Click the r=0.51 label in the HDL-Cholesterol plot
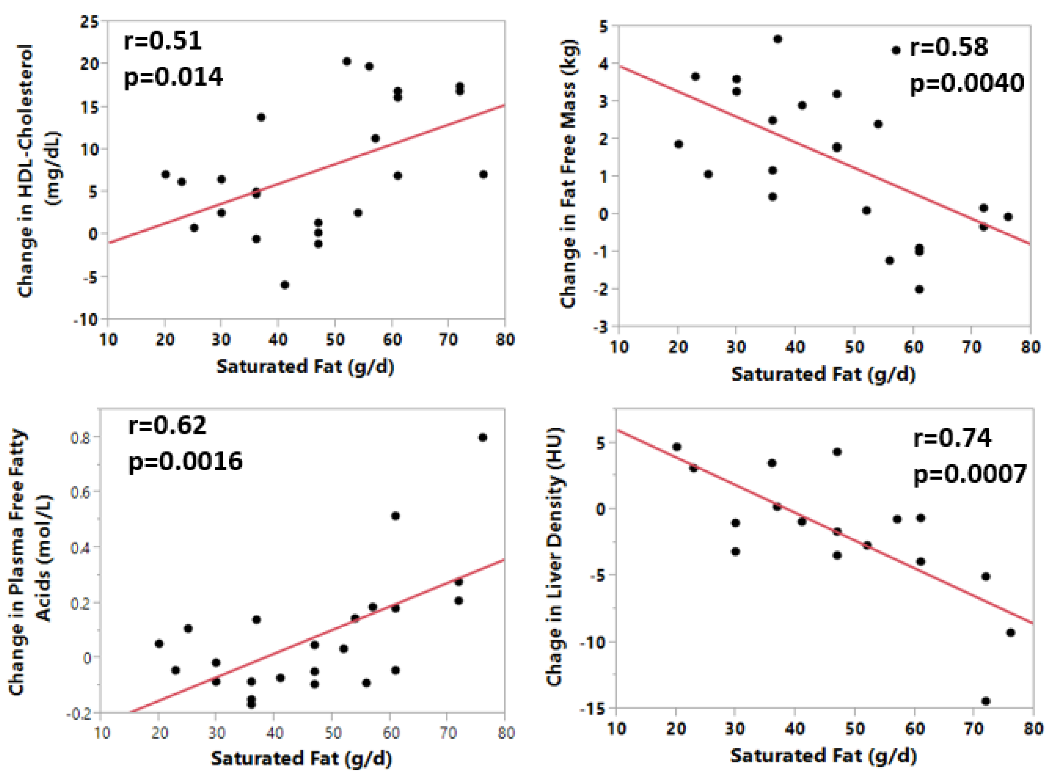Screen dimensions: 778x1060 pyautogui.click(x=162, y=40)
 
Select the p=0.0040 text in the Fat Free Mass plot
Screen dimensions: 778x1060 pyautogui.click(x=966, y=83)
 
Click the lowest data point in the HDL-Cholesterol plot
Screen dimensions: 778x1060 pyautogui.click(x=285, y=285)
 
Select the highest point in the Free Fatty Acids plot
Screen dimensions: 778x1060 pyautogui.click(x=482, y=437)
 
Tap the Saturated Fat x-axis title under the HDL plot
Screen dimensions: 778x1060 pyautogui.click(x=305, y=366)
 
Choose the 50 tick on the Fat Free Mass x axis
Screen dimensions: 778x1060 pyautogui.click(x=854, y=347)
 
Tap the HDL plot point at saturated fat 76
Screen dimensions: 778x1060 pyautogui.click(x=483, y=174)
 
